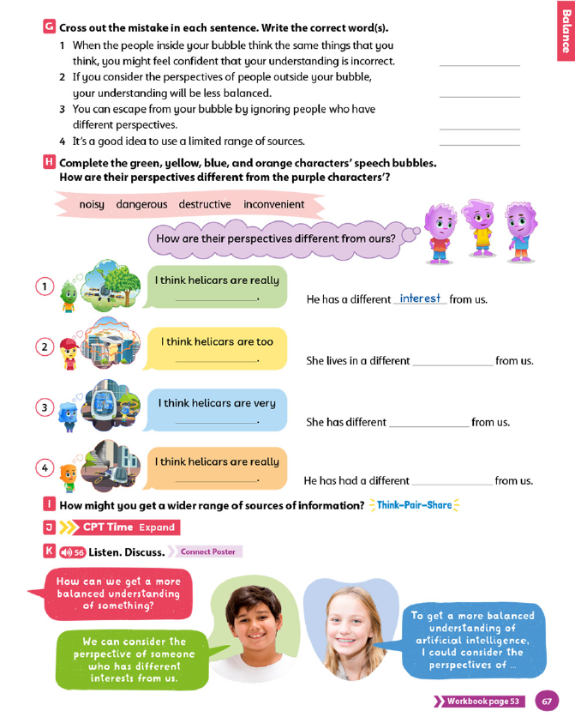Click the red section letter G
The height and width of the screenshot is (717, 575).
(x=48, y=27)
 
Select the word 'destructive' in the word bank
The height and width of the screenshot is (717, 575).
(x=205, y=204)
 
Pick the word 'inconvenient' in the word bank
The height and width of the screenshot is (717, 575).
(x=274, y=204)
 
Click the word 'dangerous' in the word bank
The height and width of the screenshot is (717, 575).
(x=141, y=204)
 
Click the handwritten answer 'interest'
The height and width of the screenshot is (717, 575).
(x=420, y=298)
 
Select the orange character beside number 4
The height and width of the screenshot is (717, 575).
(x=68, y=474)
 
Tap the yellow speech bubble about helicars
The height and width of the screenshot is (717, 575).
(x=218, y=348)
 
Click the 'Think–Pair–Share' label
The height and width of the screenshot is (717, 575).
(x=414, y=505)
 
